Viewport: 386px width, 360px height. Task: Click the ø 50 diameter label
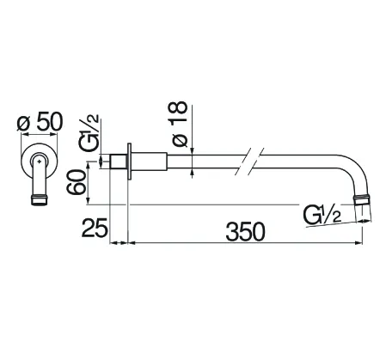pos(40,122)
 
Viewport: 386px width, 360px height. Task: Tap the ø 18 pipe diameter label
pos(179,124)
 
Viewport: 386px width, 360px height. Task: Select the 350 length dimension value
pos(245,231)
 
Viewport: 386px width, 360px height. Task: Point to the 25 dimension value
pos(94,228)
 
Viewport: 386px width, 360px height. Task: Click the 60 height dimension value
pos(76,182)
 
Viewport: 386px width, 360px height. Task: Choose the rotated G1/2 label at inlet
pos(89,133)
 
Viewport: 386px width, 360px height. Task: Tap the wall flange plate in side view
pos(129,162)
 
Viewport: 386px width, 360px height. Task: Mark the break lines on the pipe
pos(249,162)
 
